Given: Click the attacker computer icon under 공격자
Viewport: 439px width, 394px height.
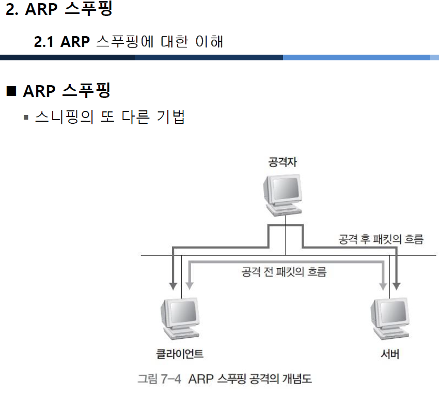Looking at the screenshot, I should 281,193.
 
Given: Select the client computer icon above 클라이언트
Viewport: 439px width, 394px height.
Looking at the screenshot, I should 179,318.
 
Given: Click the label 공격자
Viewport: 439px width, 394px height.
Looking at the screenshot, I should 283,162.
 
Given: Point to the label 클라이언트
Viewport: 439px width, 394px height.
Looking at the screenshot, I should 179,354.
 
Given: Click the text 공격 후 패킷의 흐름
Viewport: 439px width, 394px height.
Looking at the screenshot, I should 381,239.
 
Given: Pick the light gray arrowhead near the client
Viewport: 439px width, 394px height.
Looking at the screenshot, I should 190,284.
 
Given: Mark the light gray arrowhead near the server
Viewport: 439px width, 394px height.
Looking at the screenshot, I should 383,284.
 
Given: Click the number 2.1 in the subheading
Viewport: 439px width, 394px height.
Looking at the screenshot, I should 44,42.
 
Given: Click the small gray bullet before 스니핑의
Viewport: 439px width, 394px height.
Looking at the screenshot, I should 25,118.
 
